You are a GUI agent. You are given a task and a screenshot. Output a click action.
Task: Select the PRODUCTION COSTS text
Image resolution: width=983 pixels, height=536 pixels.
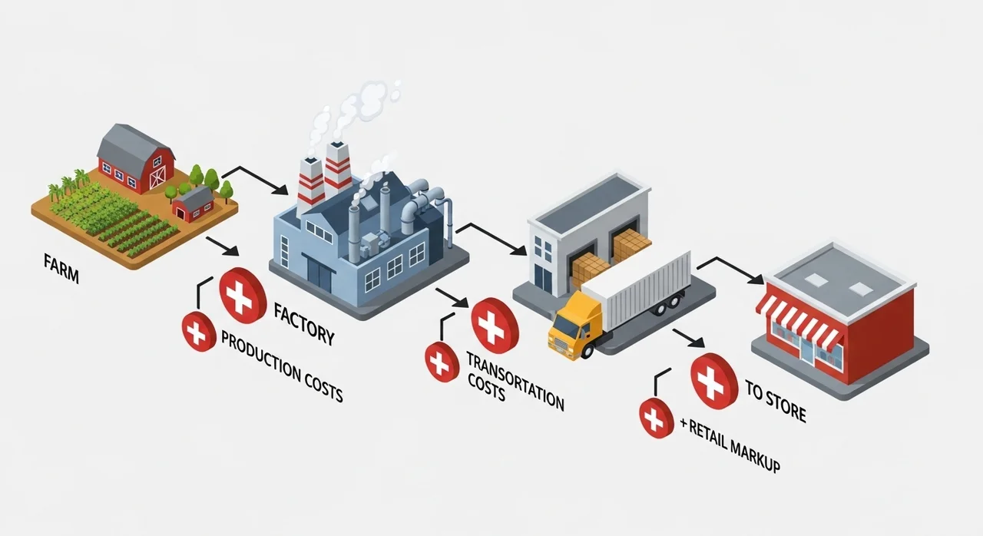281,367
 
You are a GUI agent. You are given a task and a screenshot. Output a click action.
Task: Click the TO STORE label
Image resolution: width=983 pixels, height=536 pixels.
776,400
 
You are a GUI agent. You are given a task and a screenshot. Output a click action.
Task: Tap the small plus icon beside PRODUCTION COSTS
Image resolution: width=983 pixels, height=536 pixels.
199,333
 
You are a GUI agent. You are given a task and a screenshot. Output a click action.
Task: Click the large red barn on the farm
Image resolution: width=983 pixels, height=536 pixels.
136,160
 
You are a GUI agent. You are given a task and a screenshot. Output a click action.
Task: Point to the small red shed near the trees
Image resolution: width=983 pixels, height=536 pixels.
193,203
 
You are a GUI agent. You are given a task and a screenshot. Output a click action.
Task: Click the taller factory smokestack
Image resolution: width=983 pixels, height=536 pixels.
338,169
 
